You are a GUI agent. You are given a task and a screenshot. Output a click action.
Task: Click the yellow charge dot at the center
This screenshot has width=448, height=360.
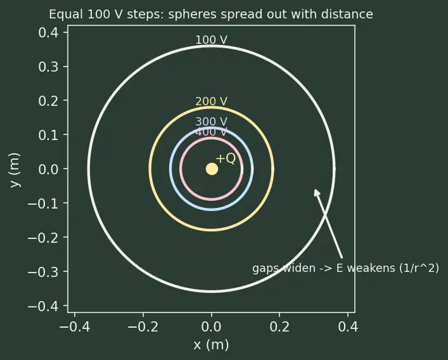coord(212,169)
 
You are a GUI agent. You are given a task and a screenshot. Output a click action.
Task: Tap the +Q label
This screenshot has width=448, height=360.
coord(226,158)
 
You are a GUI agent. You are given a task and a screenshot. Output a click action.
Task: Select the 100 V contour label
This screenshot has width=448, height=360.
coord(212,40)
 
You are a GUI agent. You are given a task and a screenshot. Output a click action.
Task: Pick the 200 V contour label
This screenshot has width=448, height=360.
coord(212,101)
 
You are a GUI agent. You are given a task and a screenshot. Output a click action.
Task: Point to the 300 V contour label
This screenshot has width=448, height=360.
coord(212,122)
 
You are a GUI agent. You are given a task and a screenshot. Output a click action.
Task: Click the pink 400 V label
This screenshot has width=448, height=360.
coord(212,132)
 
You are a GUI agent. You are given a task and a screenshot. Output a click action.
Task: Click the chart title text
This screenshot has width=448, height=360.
coord(211,15)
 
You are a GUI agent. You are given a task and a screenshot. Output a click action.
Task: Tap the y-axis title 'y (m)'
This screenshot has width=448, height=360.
coord(15,170)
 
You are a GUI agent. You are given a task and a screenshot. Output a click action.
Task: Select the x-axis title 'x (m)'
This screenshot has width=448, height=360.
coord(211,345)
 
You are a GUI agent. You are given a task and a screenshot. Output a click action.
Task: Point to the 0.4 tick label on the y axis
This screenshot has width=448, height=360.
coord(48,32)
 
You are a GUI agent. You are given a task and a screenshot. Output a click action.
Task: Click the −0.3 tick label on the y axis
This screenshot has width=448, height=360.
coord(43,272)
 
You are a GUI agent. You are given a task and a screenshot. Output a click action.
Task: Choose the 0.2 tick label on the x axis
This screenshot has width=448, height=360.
coord(279,326)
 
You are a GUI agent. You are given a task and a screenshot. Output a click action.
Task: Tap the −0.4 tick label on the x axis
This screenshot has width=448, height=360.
coord(75,326)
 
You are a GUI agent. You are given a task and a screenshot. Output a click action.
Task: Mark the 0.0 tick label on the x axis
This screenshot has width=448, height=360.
coord(211,326)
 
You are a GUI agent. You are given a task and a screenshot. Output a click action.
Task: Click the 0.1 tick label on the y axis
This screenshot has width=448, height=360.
coord(48,135)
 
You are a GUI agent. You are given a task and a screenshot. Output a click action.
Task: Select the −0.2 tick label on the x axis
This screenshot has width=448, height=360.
coord(143,326)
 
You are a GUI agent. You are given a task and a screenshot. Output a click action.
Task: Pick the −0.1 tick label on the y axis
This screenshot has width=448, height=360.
coord(43,203)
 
